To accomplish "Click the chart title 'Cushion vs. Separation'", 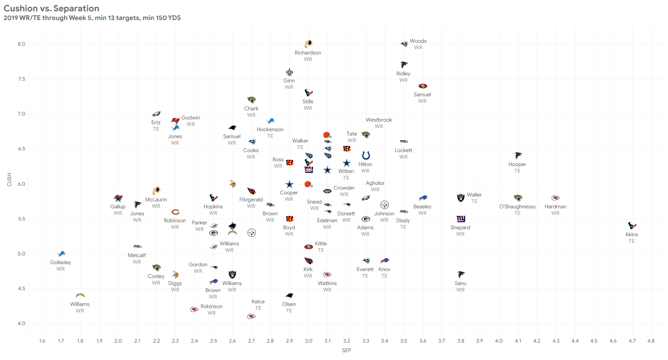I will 51,8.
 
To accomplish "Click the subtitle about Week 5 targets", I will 92,18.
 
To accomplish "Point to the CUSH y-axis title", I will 10,180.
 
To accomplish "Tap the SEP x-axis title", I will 347,350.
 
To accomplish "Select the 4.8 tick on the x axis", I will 651,341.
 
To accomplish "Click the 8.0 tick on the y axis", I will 21,44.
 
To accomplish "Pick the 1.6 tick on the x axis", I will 42,341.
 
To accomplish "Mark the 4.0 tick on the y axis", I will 21,323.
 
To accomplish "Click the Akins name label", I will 631,234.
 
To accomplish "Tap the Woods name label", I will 418,41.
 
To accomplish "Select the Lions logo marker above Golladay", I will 61,254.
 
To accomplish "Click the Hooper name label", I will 517,164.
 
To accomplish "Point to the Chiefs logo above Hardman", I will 556,198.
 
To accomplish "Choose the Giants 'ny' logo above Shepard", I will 460,219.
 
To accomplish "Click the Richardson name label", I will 308,53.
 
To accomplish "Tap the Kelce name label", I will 258,302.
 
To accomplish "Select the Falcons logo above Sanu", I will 461,275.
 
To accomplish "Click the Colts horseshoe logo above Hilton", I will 366,156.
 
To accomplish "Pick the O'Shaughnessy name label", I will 517,207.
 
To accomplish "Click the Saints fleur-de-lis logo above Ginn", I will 289,72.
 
